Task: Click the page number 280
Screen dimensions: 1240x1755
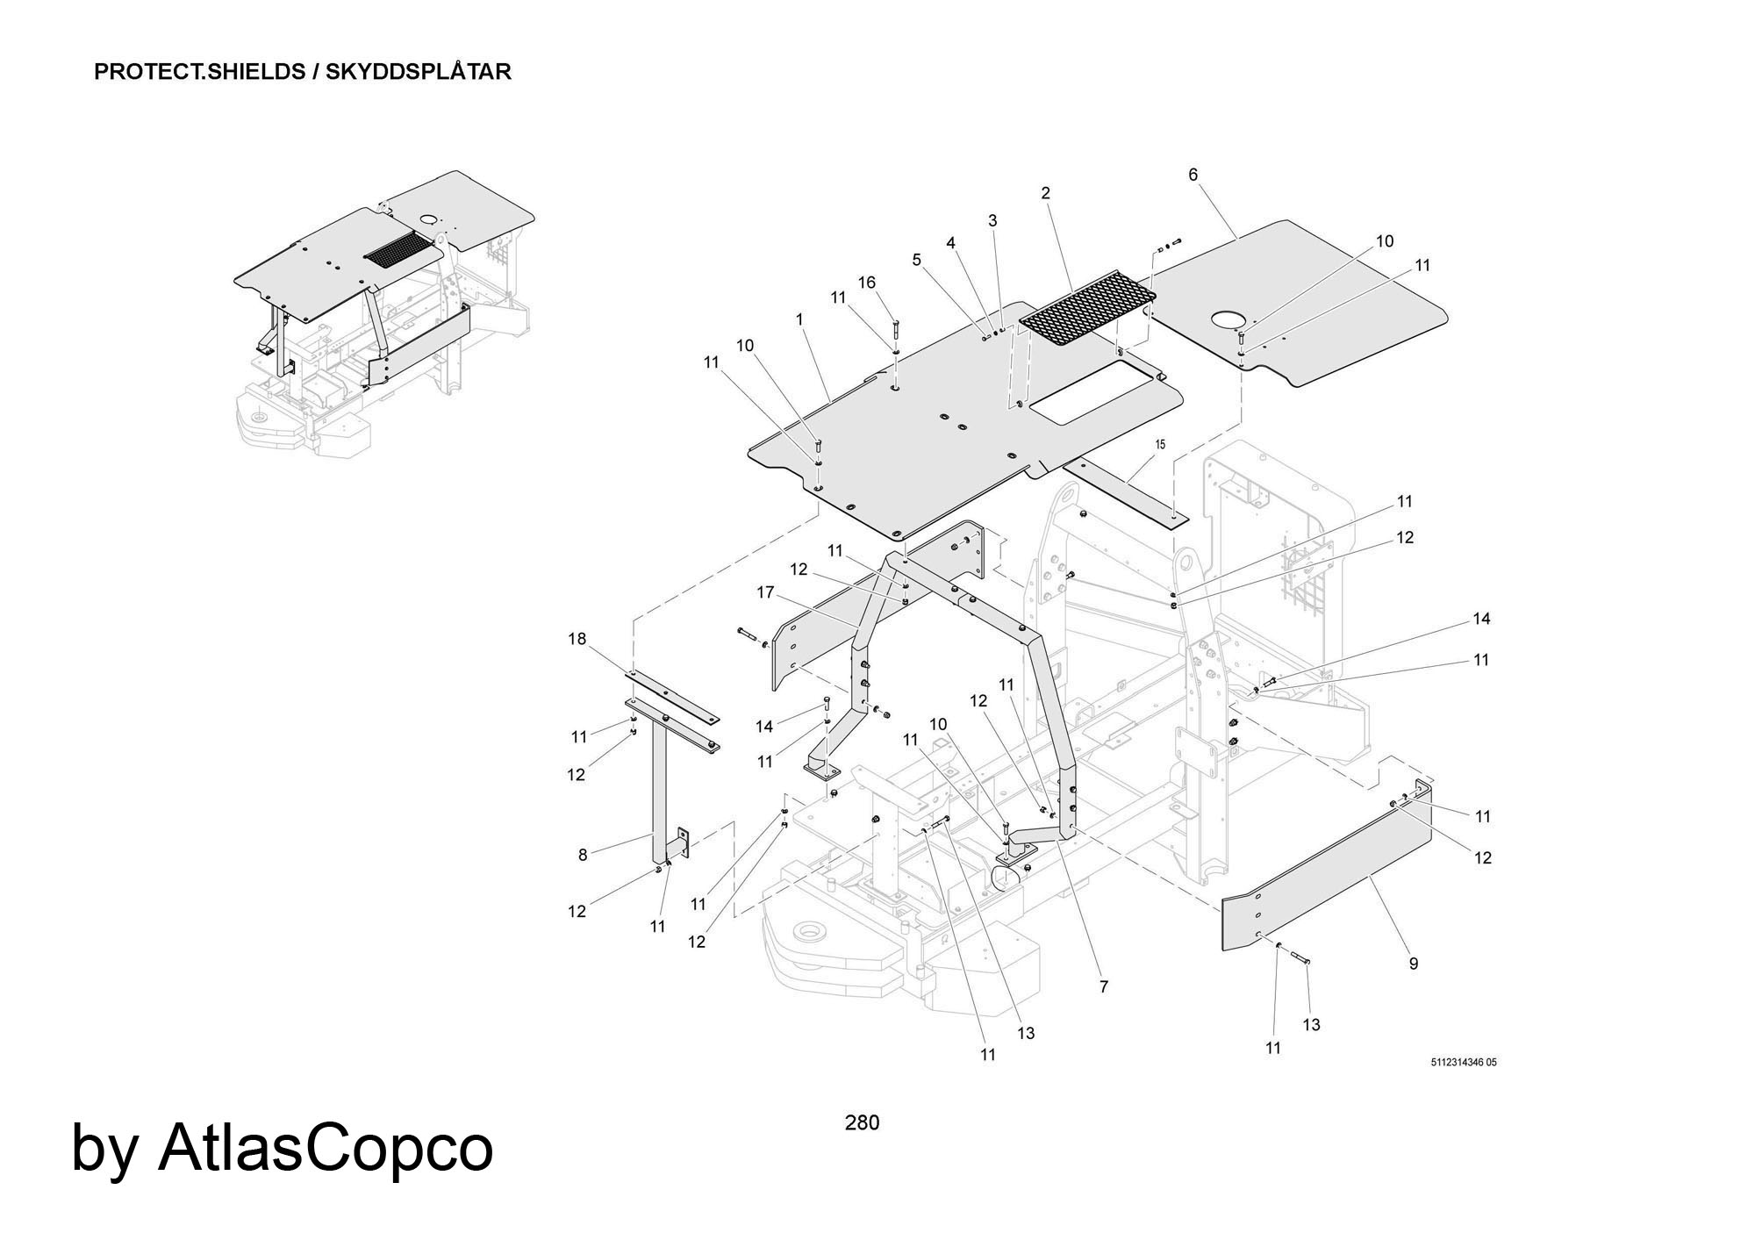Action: [861, 1122]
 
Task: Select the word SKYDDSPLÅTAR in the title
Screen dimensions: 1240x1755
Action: [418, 72]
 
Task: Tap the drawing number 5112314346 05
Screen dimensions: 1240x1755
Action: [1463, 1063]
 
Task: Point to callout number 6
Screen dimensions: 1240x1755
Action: [1193, 175]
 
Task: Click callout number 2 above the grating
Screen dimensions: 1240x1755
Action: [1045, 193]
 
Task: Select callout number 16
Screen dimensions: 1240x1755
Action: [866, 283]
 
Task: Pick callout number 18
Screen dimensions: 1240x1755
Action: [577, 639]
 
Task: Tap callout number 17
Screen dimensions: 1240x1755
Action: [765, 592]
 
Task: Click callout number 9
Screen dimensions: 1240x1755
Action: [1413, 964]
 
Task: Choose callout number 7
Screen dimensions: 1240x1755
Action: [1103, 986]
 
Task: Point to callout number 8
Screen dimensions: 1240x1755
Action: [583, 854]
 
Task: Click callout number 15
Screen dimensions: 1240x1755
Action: [1160, 445]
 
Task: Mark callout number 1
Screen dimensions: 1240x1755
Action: [799, 320]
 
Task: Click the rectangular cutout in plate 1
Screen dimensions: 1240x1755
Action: [1093, 397]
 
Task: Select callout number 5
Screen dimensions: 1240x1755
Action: [917, 260]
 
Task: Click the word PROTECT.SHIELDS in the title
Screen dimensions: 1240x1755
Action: [199, 72]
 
